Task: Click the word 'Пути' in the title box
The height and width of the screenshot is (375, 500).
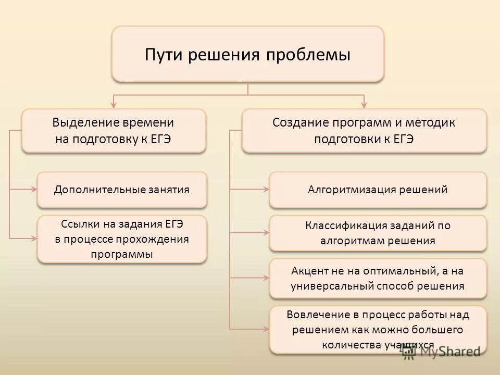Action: pos(164,55)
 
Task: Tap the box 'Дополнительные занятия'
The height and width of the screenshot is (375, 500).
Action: pos(122,190)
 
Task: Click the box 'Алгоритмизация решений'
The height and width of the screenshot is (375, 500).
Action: pos(378,190)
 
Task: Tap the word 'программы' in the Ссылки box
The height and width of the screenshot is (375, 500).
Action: pos(122,254)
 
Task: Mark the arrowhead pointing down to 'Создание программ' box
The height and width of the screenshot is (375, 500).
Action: pos(364,104)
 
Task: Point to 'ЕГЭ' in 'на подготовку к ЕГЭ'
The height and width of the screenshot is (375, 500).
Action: pos(160,139)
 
